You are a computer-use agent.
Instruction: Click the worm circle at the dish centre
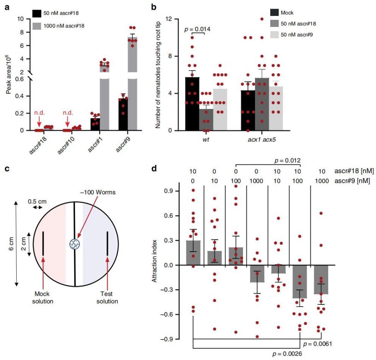click(x=74, y=244)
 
